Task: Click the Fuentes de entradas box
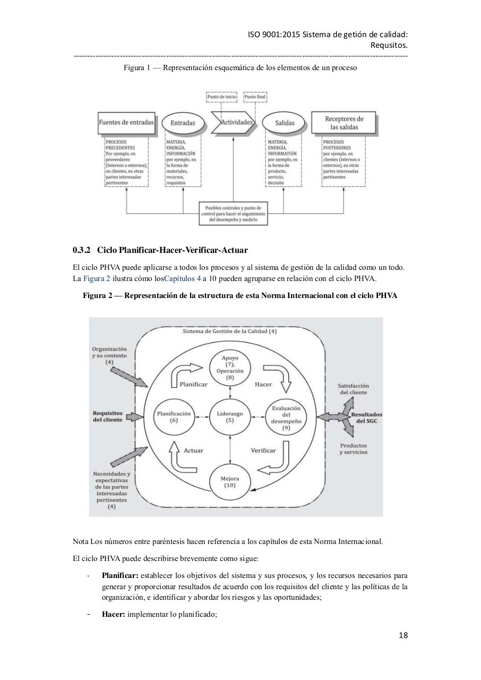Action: (126, 122)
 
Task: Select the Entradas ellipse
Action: (183, 123)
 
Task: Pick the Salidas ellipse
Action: (285, 123)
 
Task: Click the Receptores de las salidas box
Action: (345, 123)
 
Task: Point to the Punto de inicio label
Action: (221, 97)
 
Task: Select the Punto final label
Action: (255, 97)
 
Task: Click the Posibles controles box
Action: (233, 213)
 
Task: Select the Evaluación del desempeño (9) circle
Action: (286, 418)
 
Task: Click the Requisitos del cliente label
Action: (108, 416)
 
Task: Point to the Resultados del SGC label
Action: (366, 417)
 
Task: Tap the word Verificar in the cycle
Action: (263, 450)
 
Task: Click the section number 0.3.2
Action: (82, 250)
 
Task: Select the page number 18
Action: (403, 635)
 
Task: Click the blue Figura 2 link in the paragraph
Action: (97, 278)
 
